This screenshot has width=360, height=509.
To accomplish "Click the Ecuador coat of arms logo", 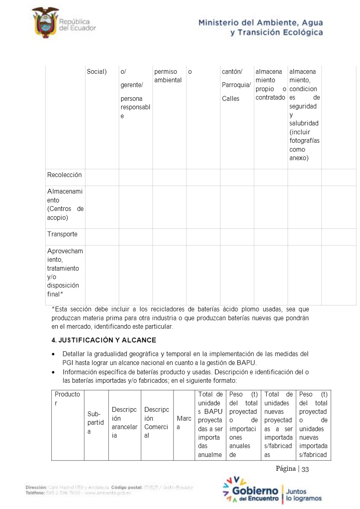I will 45,22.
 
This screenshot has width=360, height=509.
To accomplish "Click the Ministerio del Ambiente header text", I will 260,27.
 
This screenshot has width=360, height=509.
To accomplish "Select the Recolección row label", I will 65,175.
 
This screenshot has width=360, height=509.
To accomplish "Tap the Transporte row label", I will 62,234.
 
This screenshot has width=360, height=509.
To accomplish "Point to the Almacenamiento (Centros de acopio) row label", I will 65,204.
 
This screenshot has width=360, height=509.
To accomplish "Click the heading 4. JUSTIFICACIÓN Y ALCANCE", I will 104,340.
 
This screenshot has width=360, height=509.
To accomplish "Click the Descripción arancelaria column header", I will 124,423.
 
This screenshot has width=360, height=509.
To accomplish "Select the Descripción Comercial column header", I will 157,423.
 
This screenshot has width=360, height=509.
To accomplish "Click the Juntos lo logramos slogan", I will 304,495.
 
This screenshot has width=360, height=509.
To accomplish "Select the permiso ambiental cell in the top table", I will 168,76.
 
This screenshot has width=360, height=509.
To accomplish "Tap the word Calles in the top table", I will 230,98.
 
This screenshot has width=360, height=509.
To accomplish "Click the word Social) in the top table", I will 97,72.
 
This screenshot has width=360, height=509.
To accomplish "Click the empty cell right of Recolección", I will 102,177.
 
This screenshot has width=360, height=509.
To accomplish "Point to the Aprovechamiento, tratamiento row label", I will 65,272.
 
